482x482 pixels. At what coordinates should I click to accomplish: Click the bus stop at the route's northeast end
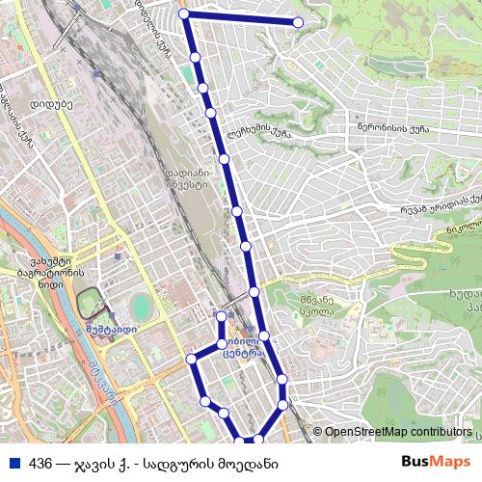click(298, 21)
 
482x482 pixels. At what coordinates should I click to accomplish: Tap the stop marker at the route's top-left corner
click(183, 13)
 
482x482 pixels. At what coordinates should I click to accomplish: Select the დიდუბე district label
click(45, 104)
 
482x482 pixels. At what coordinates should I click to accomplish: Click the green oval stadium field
click(141, 307)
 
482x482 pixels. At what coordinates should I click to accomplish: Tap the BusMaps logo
click(435, 463)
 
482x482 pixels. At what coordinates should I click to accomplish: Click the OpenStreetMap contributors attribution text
click(397, 432)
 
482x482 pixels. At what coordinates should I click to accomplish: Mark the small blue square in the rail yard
click(118, 256)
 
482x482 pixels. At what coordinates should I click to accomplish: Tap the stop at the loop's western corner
click(192, 361)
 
